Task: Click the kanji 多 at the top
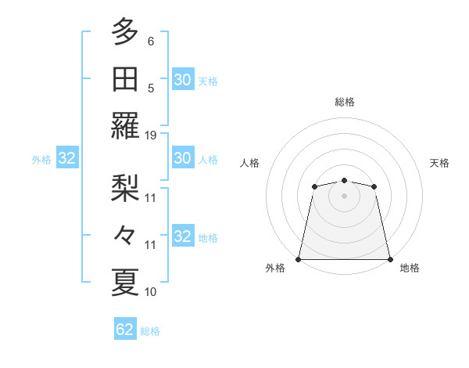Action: [x=125, y=33]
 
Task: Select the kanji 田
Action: [x=125, y=79]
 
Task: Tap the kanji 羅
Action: [x=125, y=126]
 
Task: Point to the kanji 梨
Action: [x=125, y=187]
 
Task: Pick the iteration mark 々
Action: [x=125, y=234]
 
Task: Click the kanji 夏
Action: [x=125, y=281]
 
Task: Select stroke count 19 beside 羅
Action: [x=151, y=135]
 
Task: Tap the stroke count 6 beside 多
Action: [x=151, y=41]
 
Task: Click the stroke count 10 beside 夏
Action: [x=151, y=291]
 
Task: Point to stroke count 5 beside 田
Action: [x=151, y=88]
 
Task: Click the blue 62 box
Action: [x=125, y=330]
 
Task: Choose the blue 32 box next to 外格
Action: [x=67, y=159]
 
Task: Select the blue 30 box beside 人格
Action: [x=182, y=159]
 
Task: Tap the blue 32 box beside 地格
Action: [x=182, y=236]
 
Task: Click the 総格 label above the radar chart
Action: [x=344, y=102]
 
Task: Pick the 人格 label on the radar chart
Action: [x=250, y=163]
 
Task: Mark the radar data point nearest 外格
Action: [x=299, y=259]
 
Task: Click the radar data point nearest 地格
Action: [x=389, y=259]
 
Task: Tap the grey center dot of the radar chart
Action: [x=344, y=195]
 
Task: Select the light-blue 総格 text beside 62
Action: [x=150, y=330]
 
